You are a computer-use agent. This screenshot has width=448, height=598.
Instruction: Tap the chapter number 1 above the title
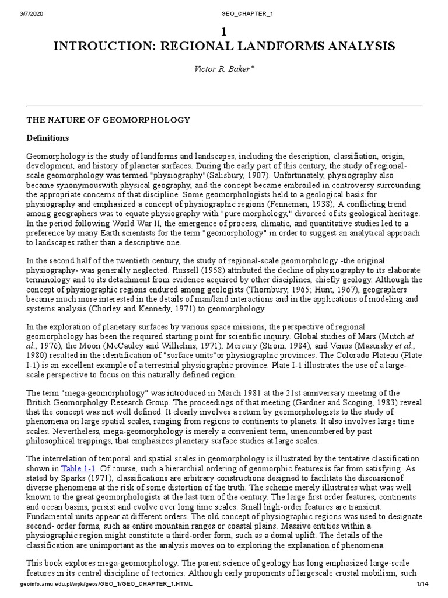point(223,31)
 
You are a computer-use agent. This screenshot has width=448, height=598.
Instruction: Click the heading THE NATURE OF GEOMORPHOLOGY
point(108,120)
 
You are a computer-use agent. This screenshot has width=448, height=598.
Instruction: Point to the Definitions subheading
point(48,138)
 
